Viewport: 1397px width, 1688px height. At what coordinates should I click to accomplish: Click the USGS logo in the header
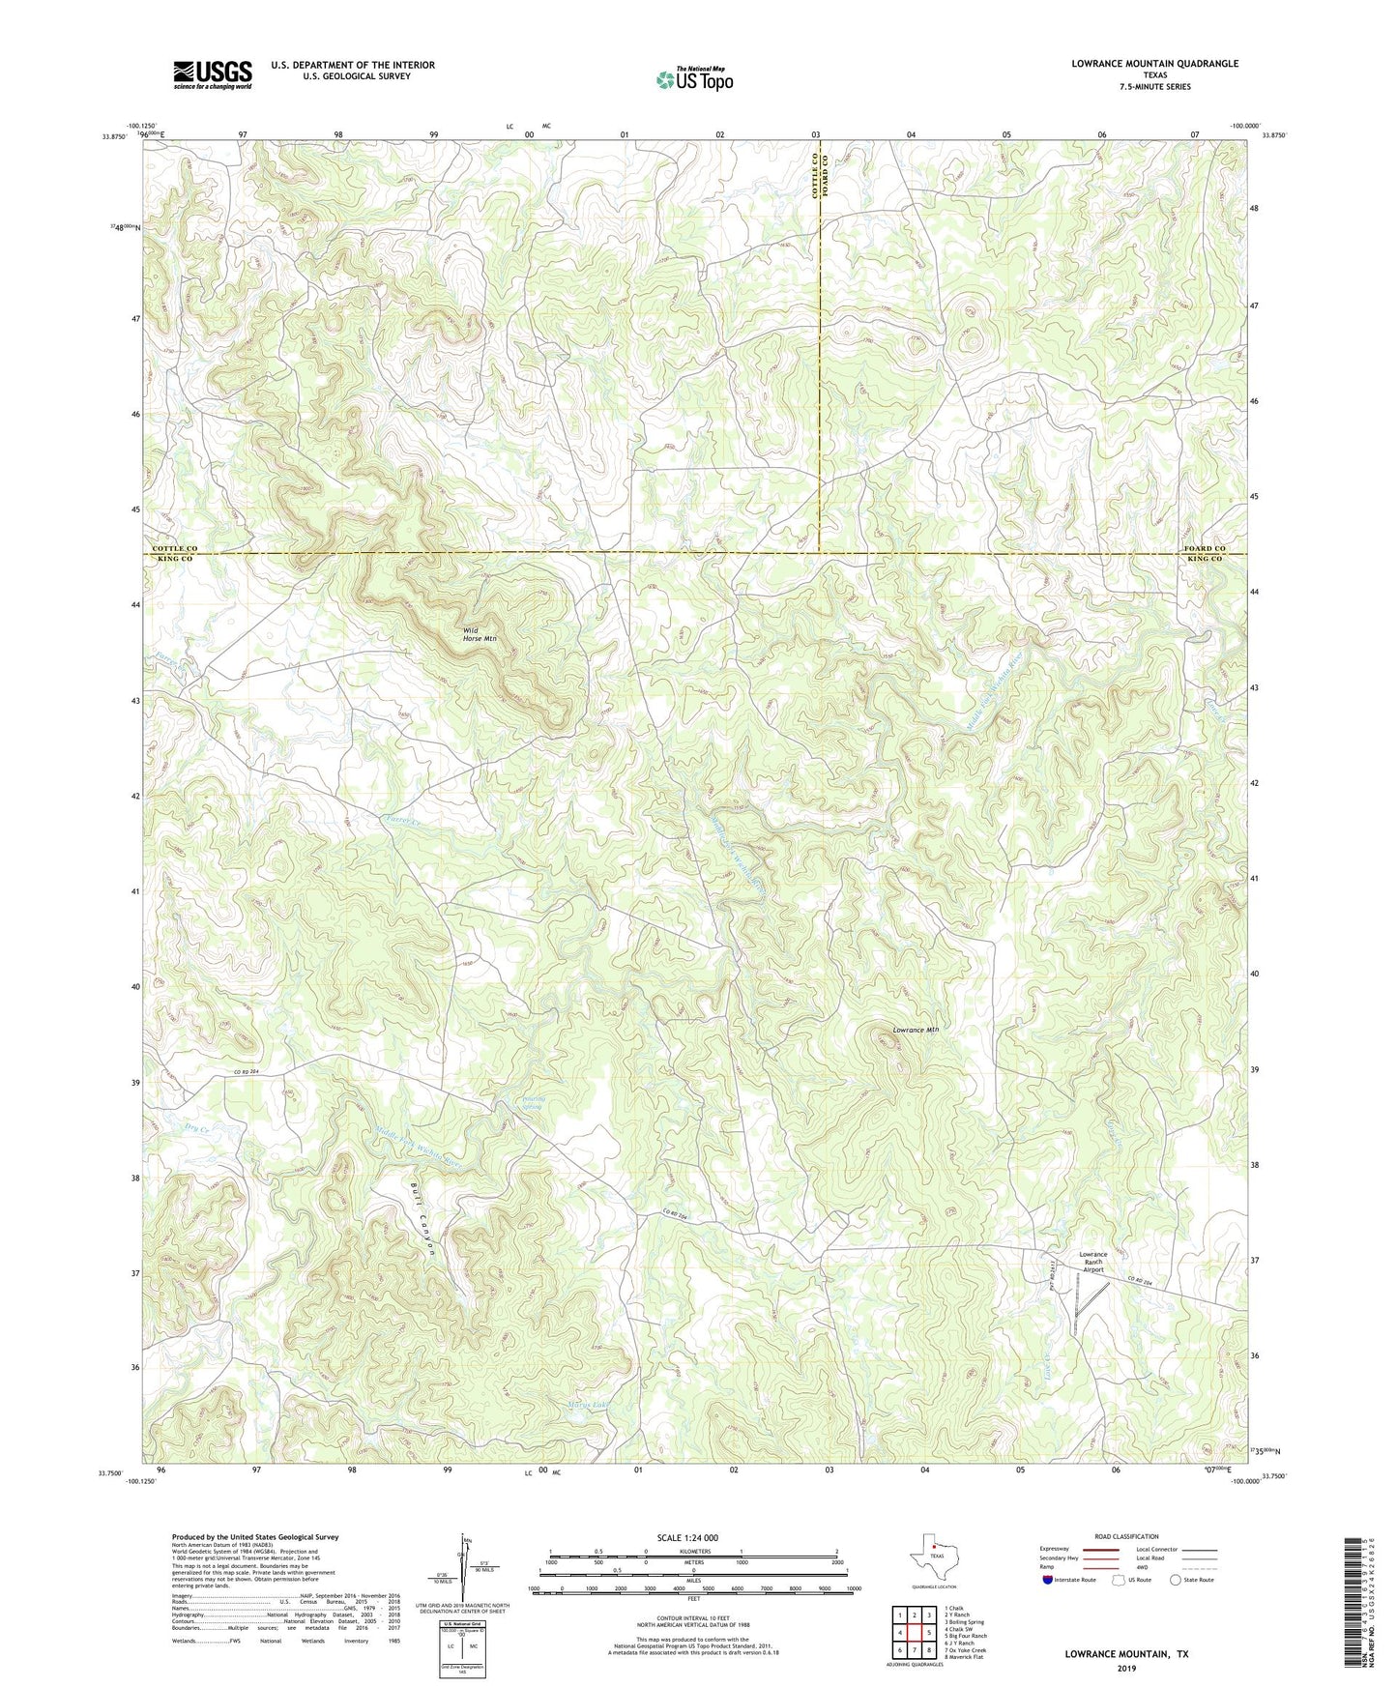(213, 74)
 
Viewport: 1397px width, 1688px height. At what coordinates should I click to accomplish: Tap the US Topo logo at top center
(693, 79)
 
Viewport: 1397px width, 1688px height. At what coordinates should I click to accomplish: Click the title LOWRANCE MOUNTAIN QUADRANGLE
(1153, 64)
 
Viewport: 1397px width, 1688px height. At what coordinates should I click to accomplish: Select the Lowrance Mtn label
(915, 1030)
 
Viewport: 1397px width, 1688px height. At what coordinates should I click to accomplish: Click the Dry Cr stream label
(196, 1128)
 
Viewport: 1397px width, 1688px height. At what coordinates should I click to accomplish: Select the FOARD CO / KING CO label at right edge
(1205, 554)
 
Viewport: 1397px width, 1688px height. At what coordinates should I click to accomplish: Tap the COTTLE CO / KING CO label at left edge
(174, 554)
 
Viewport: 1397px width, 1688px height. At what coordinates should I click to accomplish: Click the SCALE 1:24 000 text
(687, 1537)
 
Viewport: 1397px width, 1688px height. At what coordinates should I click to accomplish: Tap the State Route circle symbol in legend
(1176, 1581)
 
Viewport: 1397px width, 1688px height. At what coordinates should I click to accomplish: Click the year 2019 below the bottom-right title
(1125, 1668)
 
